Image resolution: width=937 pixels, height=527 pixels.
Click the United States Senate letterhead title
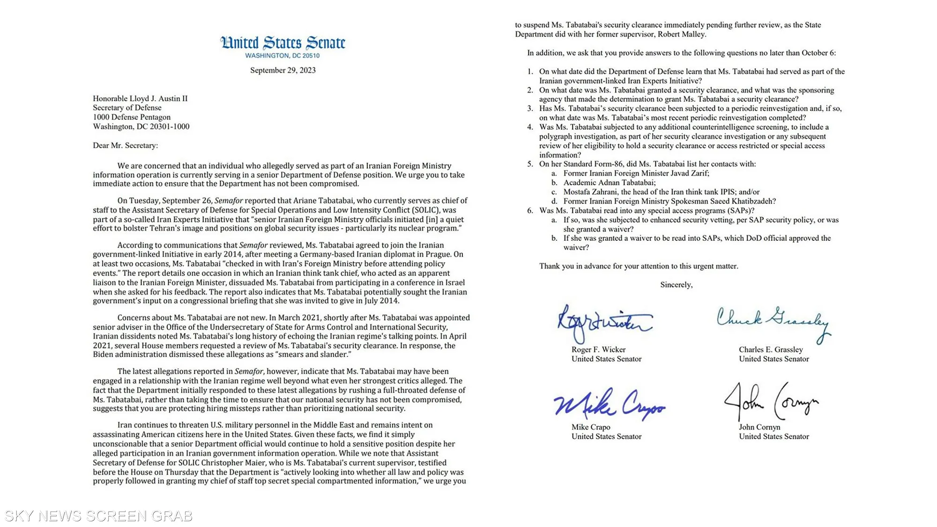click(x=283, y=43)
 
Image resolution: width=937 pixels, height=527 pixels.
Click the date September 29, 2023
click(x=283, y=70)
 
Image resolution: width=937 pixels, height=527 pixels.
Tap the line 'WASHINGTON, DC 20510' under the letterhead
click(x=283, y=56)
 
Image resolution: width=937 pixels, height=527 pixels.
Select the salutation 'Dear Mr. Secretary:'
click(x=125, y=145)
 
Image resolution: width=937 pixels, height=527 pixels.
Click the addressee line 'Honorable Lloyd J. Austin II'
click(x=140, y=98)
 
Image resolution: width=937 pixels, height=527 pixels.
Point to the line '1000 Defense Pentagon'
click(x=132, y=117)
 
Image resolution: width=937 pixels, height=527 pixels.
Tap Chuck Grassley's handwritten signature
click(x=773, y=321)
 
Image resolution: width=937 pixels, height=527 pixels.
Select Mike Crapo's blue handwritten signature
click(x=609, y=404)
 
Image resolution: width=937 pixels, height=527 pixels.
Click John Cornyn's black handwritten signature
click(x=771, y=402)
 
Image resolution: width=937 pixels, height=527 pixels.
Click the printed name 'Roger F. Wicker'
click(x=598, y=349)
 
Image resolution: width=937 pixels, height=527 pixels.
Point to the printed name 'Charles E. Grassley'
click(x=771, y=349)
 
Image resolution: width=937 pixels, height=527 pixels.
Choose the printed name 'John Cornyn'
click(x=759, y=427)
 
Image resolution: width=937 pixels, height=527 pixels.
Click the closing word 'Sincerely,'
click(x=676, y=285)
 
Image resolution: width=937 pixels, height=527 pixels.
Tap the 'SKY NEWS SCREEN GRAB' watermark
click(x=98, y=516)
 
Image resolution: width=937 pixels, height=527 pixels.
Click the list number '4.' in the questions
click(x=530, y=127)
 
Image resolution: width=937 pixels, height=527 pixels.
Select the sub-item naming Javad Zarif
click(x=636, y=173)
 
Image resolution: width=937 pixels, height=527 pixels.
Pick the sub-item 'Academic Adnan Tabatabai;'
click(x=609, y=183)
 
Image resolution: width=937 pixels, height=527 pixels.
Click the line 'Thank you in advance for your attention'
click(x=639, y=266)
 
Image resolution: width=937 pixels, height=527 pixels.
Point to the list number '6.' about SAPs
click(x=530, y=210)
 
